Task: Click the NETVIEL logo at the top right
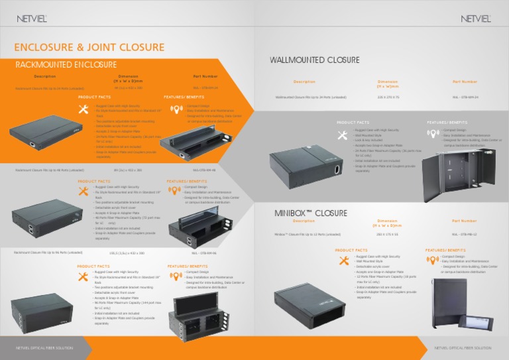click(475, 19)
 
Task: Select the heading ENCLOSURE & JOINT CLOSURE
click(89, 47)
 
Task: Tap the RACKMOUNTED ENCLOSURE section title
click(66, 65)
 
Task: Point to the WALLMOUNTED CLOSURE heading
click(314, 60)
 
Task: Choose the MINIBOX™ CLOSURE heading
click(311, 213)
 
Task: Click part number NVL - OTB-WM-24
click(465, 97)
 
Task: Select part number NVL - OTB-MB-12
click(465, 234)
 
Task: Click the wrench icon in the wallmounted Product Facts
click(342, 135)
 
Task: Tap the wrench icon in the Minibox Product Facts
click(343, 261)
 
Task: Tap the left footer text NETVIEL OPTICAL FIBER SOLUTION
click(46, 348)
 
